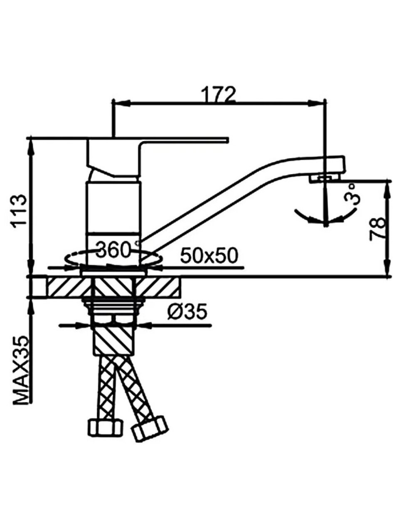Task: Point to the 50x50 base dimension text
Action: click(209, 255)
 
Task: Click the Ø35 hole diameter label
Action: click(187, 312)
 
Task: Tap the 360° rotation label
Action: click(115, 249)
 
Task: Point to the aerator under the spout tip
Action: click(323, 178)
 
